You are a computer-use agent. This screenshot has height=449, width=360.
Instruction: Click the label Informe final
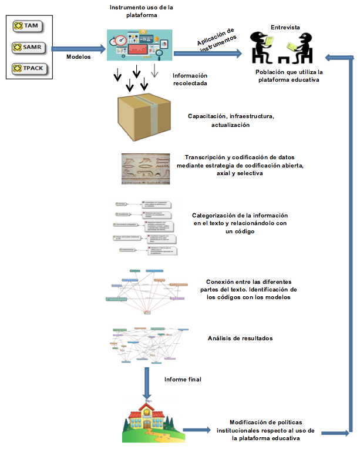[183, 380]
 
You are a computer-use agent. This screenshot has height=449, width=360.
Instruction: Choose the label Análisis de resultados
[240, 339]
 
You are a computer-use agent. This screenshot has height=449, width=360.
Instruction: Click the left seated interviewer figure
[261, 46]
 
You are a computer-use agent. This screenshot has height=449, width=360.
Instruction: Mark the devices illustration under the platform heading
[139, 45]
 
